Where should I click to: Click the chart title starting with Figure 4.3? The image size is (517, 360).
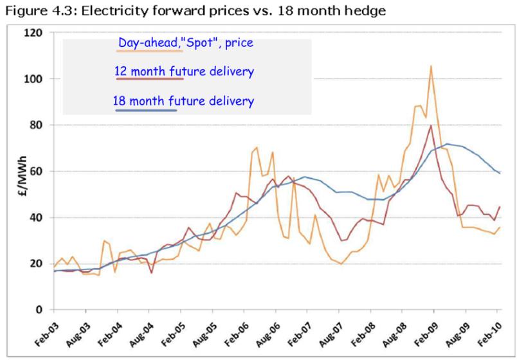(188, 9)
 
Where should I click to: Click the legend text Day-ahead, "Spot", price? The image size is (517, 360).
(185, 44)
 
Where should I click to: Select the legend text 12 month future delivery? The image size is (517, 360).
(184, 71)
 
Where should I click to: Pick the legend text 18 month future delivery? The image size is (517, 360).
(183, 101)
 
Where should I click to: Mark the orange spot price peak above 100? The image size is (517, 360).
(431, 66)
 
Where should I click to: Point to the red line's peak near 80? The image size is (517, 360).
(430, 126)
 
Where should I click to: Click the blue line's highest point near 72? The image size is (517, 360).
(447, 144)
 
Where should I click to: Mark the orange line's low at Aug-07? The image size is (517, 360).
(341, 264)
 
